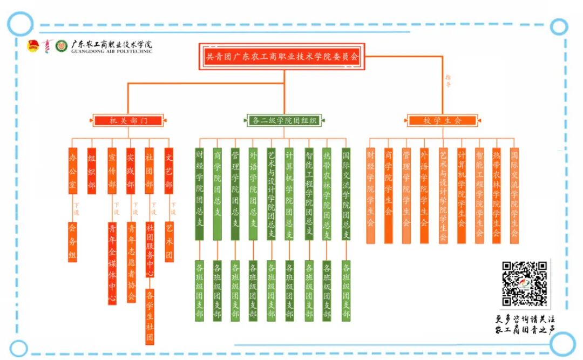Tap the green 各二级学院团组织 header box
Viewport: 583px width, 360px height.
click(284, 120)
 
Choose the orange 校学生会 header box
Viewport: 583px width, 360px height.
click(442, 120)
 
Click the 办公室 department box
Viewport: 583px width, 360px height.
click(73, 171)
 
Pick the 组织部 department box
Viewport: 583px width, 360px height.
click(92, 171)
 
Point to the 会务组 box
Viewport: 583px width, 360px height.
click(73, 242)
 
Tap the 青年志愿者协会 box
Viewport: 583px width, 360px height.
click(131, 262)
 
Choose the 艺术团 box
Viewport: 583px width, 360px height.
click(170, 242)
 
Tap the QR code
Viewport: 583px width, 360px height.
click(525, 283)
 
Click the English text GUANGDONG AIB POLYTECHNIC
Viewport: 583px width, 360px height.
click(111, 52)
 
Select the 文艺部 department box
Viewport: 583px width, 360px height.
click(169, 171)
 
